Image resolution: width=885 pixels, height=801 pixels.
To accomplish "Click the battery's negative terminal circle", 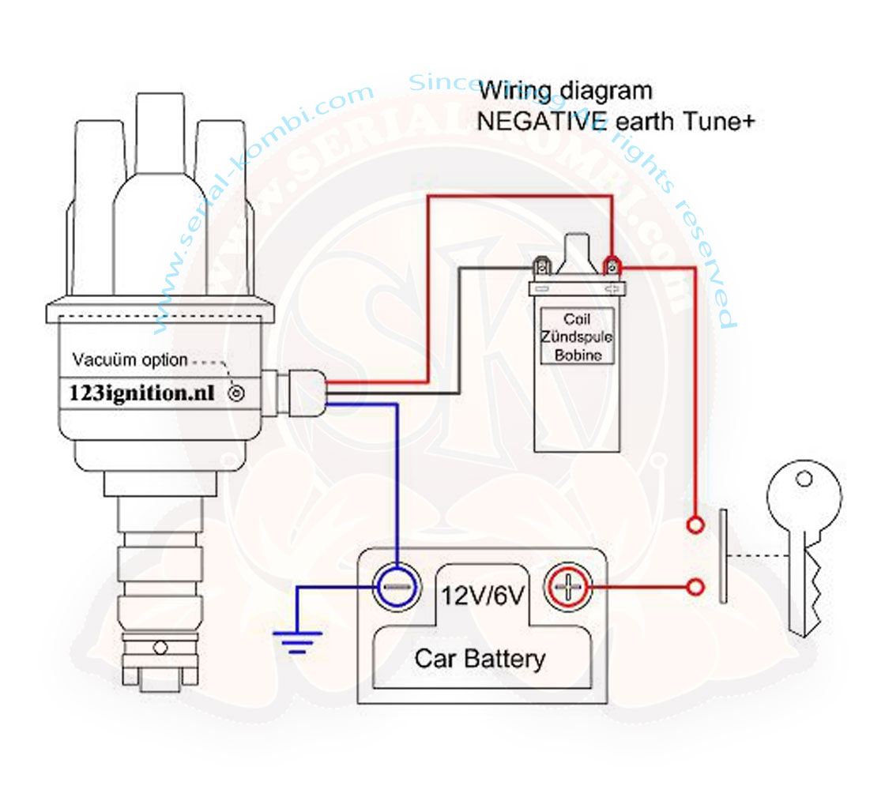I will pos(393,587).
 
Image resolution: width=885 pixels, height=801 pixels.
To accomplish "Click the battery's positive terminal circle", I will pos(567,587).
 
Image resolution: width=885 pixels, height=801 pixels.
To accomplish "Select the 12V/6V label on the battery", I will pos(481,594).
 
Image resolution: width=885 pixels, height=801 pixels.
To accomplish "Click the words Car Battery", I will pos(480,658).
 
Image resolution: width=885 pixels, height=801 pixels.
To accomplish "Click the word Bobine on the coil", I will pos(578,355).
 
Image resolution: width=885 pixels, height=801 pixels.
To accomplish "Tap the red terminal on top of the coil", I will pos(611,266).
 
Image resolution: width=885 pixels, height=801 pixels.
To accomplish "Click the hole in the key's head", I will pos(804,479).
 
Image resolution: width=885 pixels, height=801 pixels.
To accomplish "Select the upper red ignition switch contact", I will pos(695,525).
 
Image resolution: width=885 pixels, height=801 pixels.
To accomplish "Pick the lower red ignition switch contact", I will pos(695,587).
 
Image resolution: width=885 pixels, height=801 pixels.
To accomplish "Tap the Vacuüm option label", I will pos(130,360).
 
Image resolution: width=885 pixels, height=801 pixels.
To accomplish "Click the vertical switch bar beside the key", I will pos(722,556).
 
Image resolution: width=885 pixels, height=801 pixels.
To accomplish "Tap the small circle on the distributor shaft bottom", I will pos(160,648).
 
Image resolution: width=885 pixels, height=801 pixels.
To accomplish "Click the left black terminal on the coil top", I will pos(542,266).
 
